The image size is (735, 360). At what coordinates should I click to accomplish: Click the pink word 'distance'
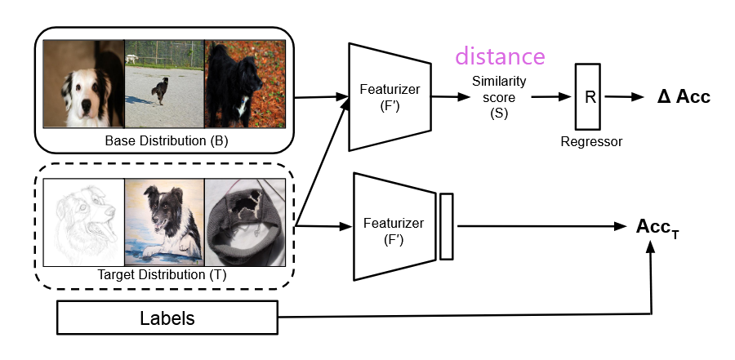pyautogui.click(x=500, y=56)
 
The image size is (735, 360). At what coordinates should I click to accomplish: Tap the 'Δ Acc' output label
pyautogui.click(x=684, y=97)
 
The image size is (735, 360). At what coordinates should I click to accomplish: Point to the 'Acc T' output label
pyautogui.click(x=657, y=226)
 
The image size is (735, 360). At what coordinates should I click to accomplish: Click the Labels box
pyautogui.click(x=168, y=318)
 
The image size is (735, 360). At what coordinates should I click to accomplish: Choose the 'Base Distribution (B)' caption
pyautogui.click(x=166, y=141)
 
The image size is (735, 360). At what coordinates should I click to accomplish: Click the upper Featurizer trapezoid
pyautogui.click(x=389, y=96)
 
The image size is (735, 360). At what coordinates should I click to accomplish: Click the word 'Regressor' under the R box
pyautogui.click(x=591, y=142)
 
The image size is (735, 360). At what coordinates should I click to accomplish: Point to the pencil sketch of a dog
pyautogui.click(x=84, y=221)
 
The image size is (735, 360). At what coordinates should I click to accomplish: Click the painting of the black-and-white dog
pyautogui.click(x=164, y=221)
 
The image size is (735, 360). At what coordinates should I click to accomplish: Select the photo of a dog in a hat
pyautogui.click(x=244, y=221)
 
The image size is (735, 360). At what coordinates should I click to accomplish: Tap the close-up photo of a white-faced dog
pyautogui.click(x=84, y=84)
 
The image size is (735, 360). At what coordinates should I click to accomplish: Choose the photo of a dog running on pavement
pyautogui.click(x=164, y=84)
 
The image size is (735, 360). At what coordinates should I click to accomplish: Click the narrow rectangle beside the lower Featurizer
pyautogui.click(x=446, y=226)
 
